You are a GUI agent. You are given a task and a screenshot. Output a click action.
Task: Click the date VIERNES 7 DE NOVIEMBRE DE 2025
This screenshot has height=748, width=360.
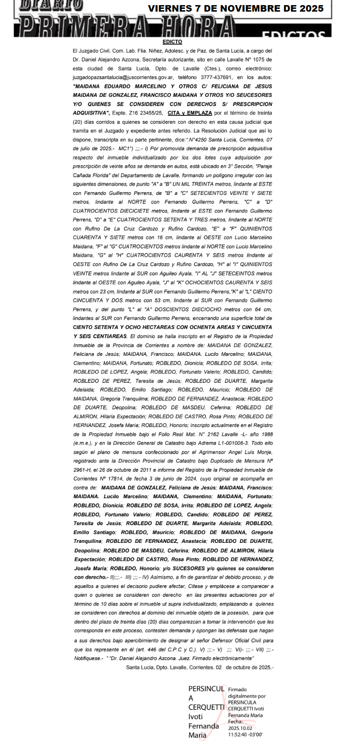click(x=235, y=8)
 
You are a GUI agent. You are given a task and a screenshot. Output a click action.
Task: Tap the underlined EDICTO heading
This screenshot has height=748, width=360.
click(x=173, y=42)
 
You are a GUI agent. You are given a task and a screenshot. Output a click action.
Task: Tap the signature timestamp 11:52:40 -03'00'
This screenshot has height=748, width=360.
click(x=246, y=735)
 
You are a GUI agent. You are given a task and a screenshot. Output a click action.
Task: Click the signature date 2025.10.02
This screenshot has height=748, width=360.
click(x=240, y=728)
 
